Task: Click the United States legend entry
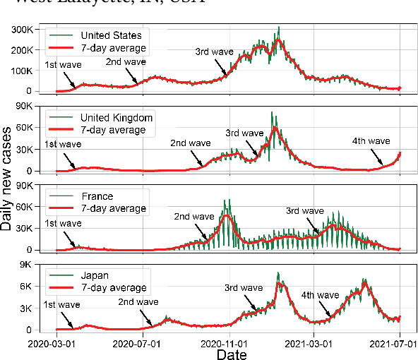(x=111, y=35)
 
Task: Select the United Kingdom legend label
(x=116, y=117)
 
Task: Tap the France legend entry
(x=97, y=197)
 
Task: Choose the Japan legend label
(x=96, y=276)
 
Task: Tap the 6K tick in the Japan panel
(x=32, y=287)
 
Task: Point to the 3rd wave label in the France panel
(x=305, y=210)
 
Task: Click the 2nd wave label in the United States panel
(x=126, y=61)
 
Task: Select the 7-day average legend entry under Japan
(x=114, y=288)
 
